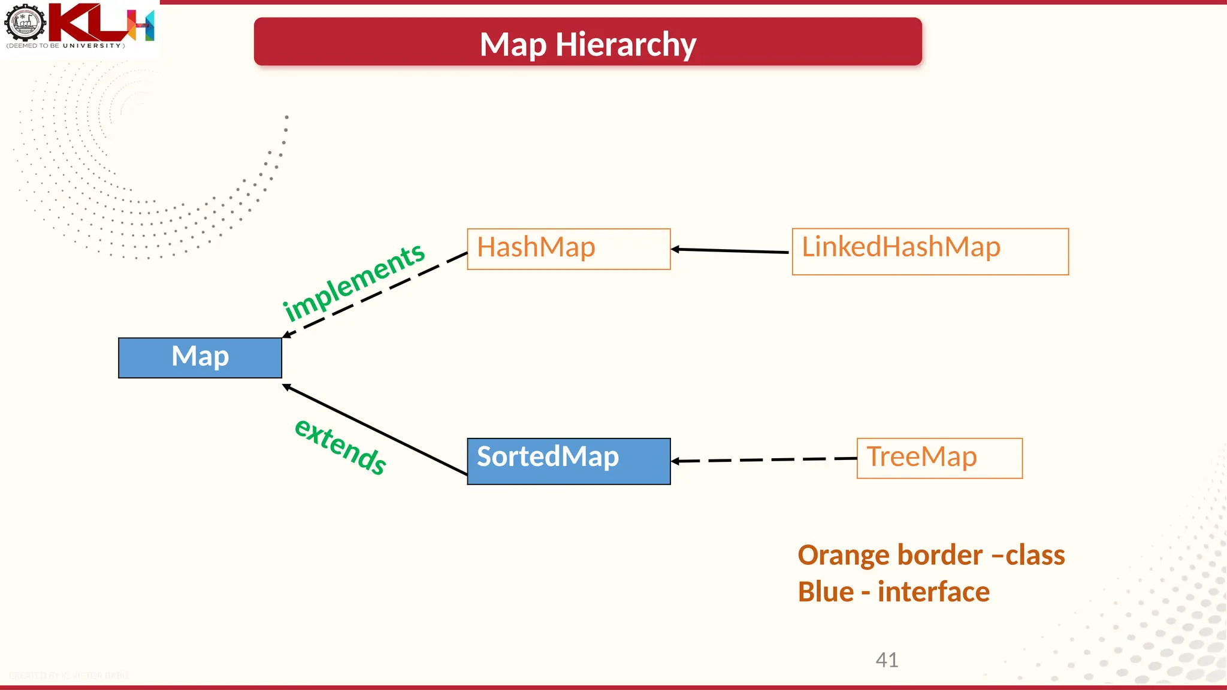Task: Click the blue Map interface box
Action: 200,358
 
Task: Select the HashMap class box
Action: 568,249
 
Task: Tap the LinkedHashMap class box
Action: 930,252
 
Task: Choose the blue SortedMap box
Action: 568,461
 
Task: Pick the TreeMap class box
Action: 939,458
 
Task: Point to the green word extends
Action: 340,447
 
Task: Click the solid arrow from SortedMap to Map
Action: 374,430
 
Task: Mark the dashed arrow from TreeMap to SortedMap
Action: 764,460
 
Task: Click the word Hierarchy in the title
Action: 625,44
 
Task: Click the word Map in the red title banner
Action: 513,44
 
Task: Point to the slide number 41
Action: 887,659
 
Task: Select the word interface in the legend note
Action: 933,592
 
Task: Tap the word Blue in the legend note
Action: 826,592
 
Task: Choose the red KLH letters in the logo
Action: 96,23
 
